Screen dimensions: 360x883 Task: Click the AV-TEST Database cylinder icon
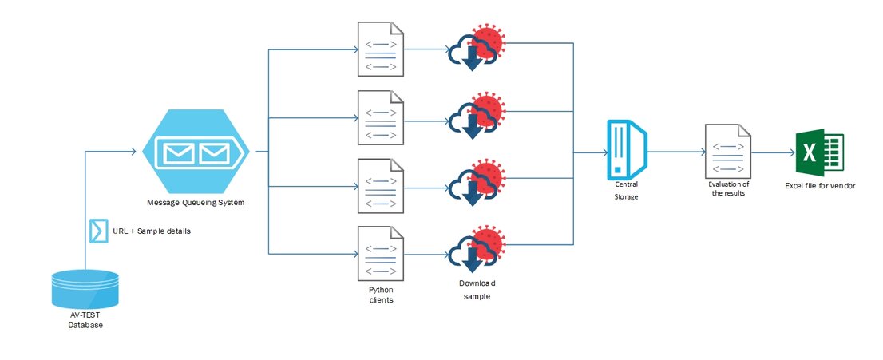point(85,289)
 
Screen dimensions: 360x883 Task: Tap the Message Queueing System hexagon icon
point(196,151)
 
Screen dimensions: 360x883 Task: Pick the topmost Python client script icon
point(381,49)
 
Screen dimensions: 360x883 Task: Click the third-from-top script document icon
point(381,184)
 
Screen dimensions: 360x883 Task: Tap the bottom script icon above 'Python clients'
point(381,251)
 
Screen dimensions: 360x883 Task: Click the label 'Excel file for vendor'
point(820,186)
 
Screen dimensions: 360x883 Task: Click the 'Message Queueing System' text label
point(196,203)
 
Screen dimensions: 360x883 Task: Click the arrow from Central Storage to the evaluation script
point(675,151)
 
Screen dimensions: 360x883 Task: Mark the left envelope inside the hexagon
point(179,152)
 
